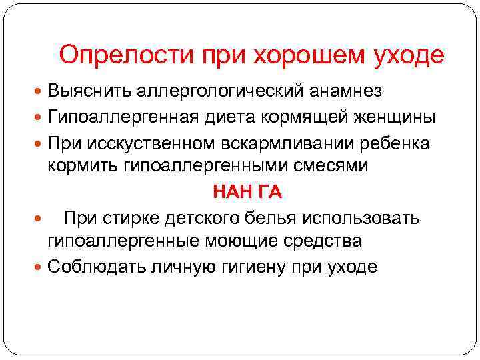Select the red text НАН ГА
coord(247,192)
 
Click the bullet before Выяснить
coord(39,90)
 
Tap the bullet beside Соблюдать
coord(39,268)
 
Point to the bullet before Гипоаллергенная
coord(39,117)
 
